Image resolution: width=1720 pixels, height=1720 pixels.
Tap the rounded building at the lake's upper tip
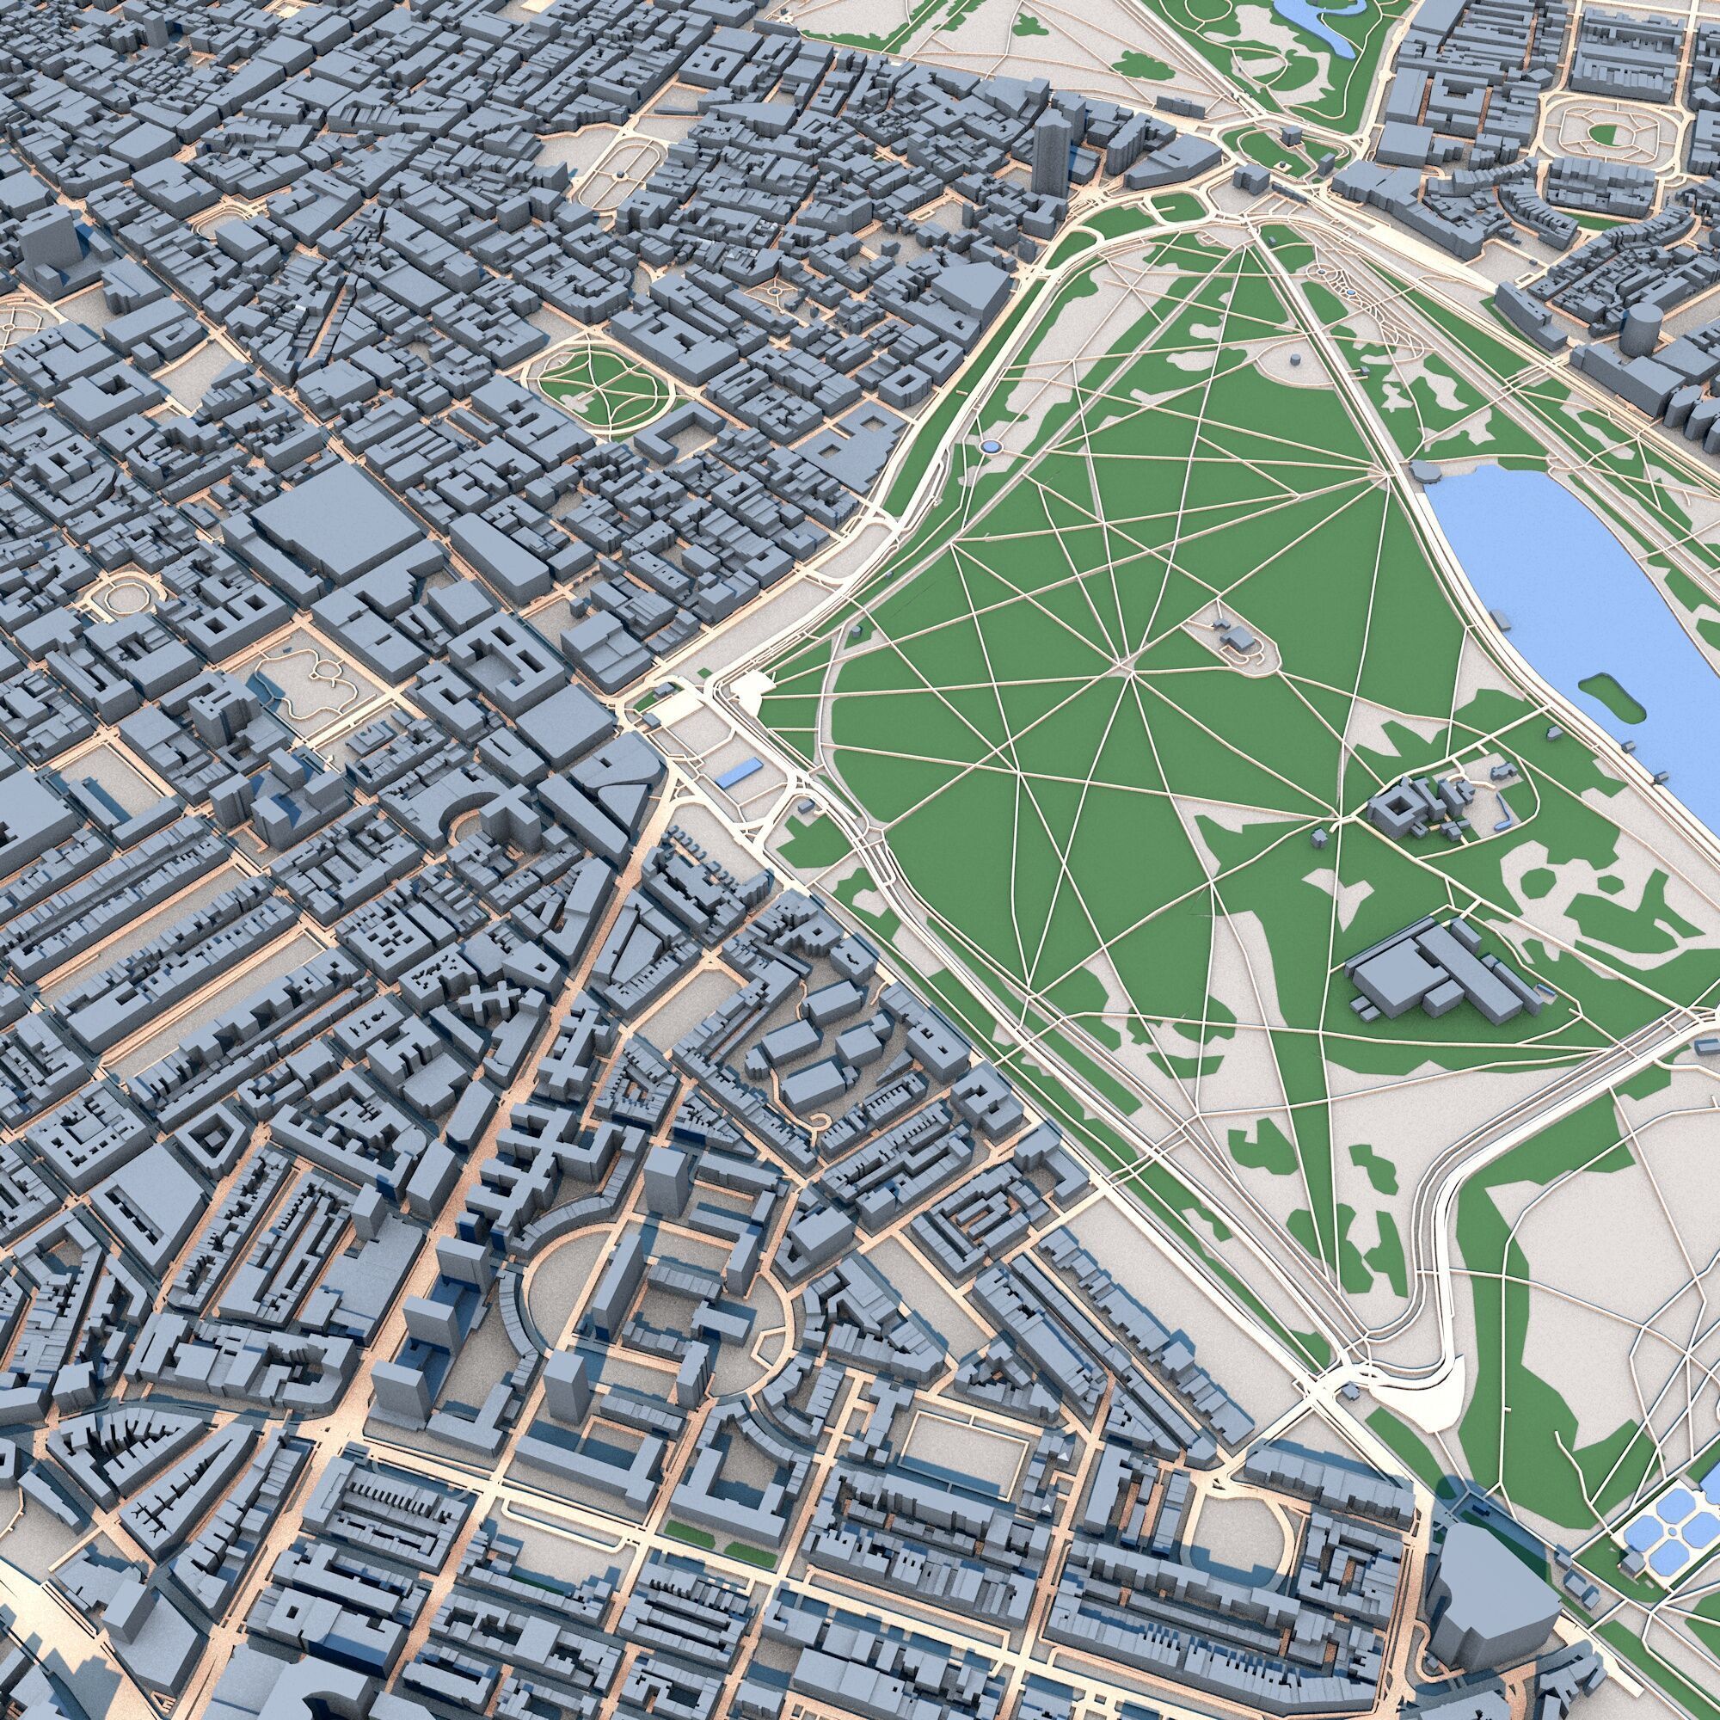point(1424,470)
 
